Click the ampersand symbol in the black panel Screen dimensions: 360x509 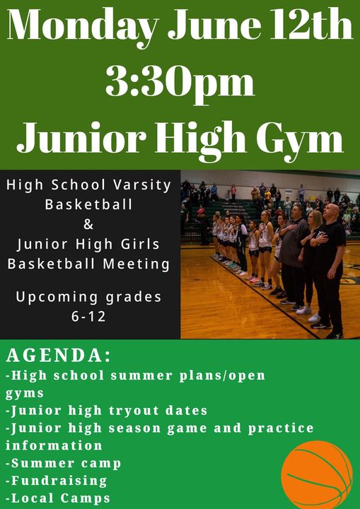[88, 224]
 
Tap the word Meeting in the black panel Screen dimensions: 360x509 [136, 264]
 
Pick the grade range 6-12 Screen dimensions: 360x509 [88, 317]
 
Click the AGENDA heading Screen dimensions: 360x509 [59, 356]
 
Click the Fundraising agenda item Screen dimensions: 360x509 [56, 481]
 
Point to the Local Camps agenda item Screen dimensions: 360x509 [58, 498]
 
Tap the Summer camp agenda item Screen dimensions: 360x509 [64, 463]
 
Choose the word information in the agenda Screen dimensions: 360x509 [54, 445]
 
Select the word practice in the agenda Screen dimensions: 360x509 [281, 428]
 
